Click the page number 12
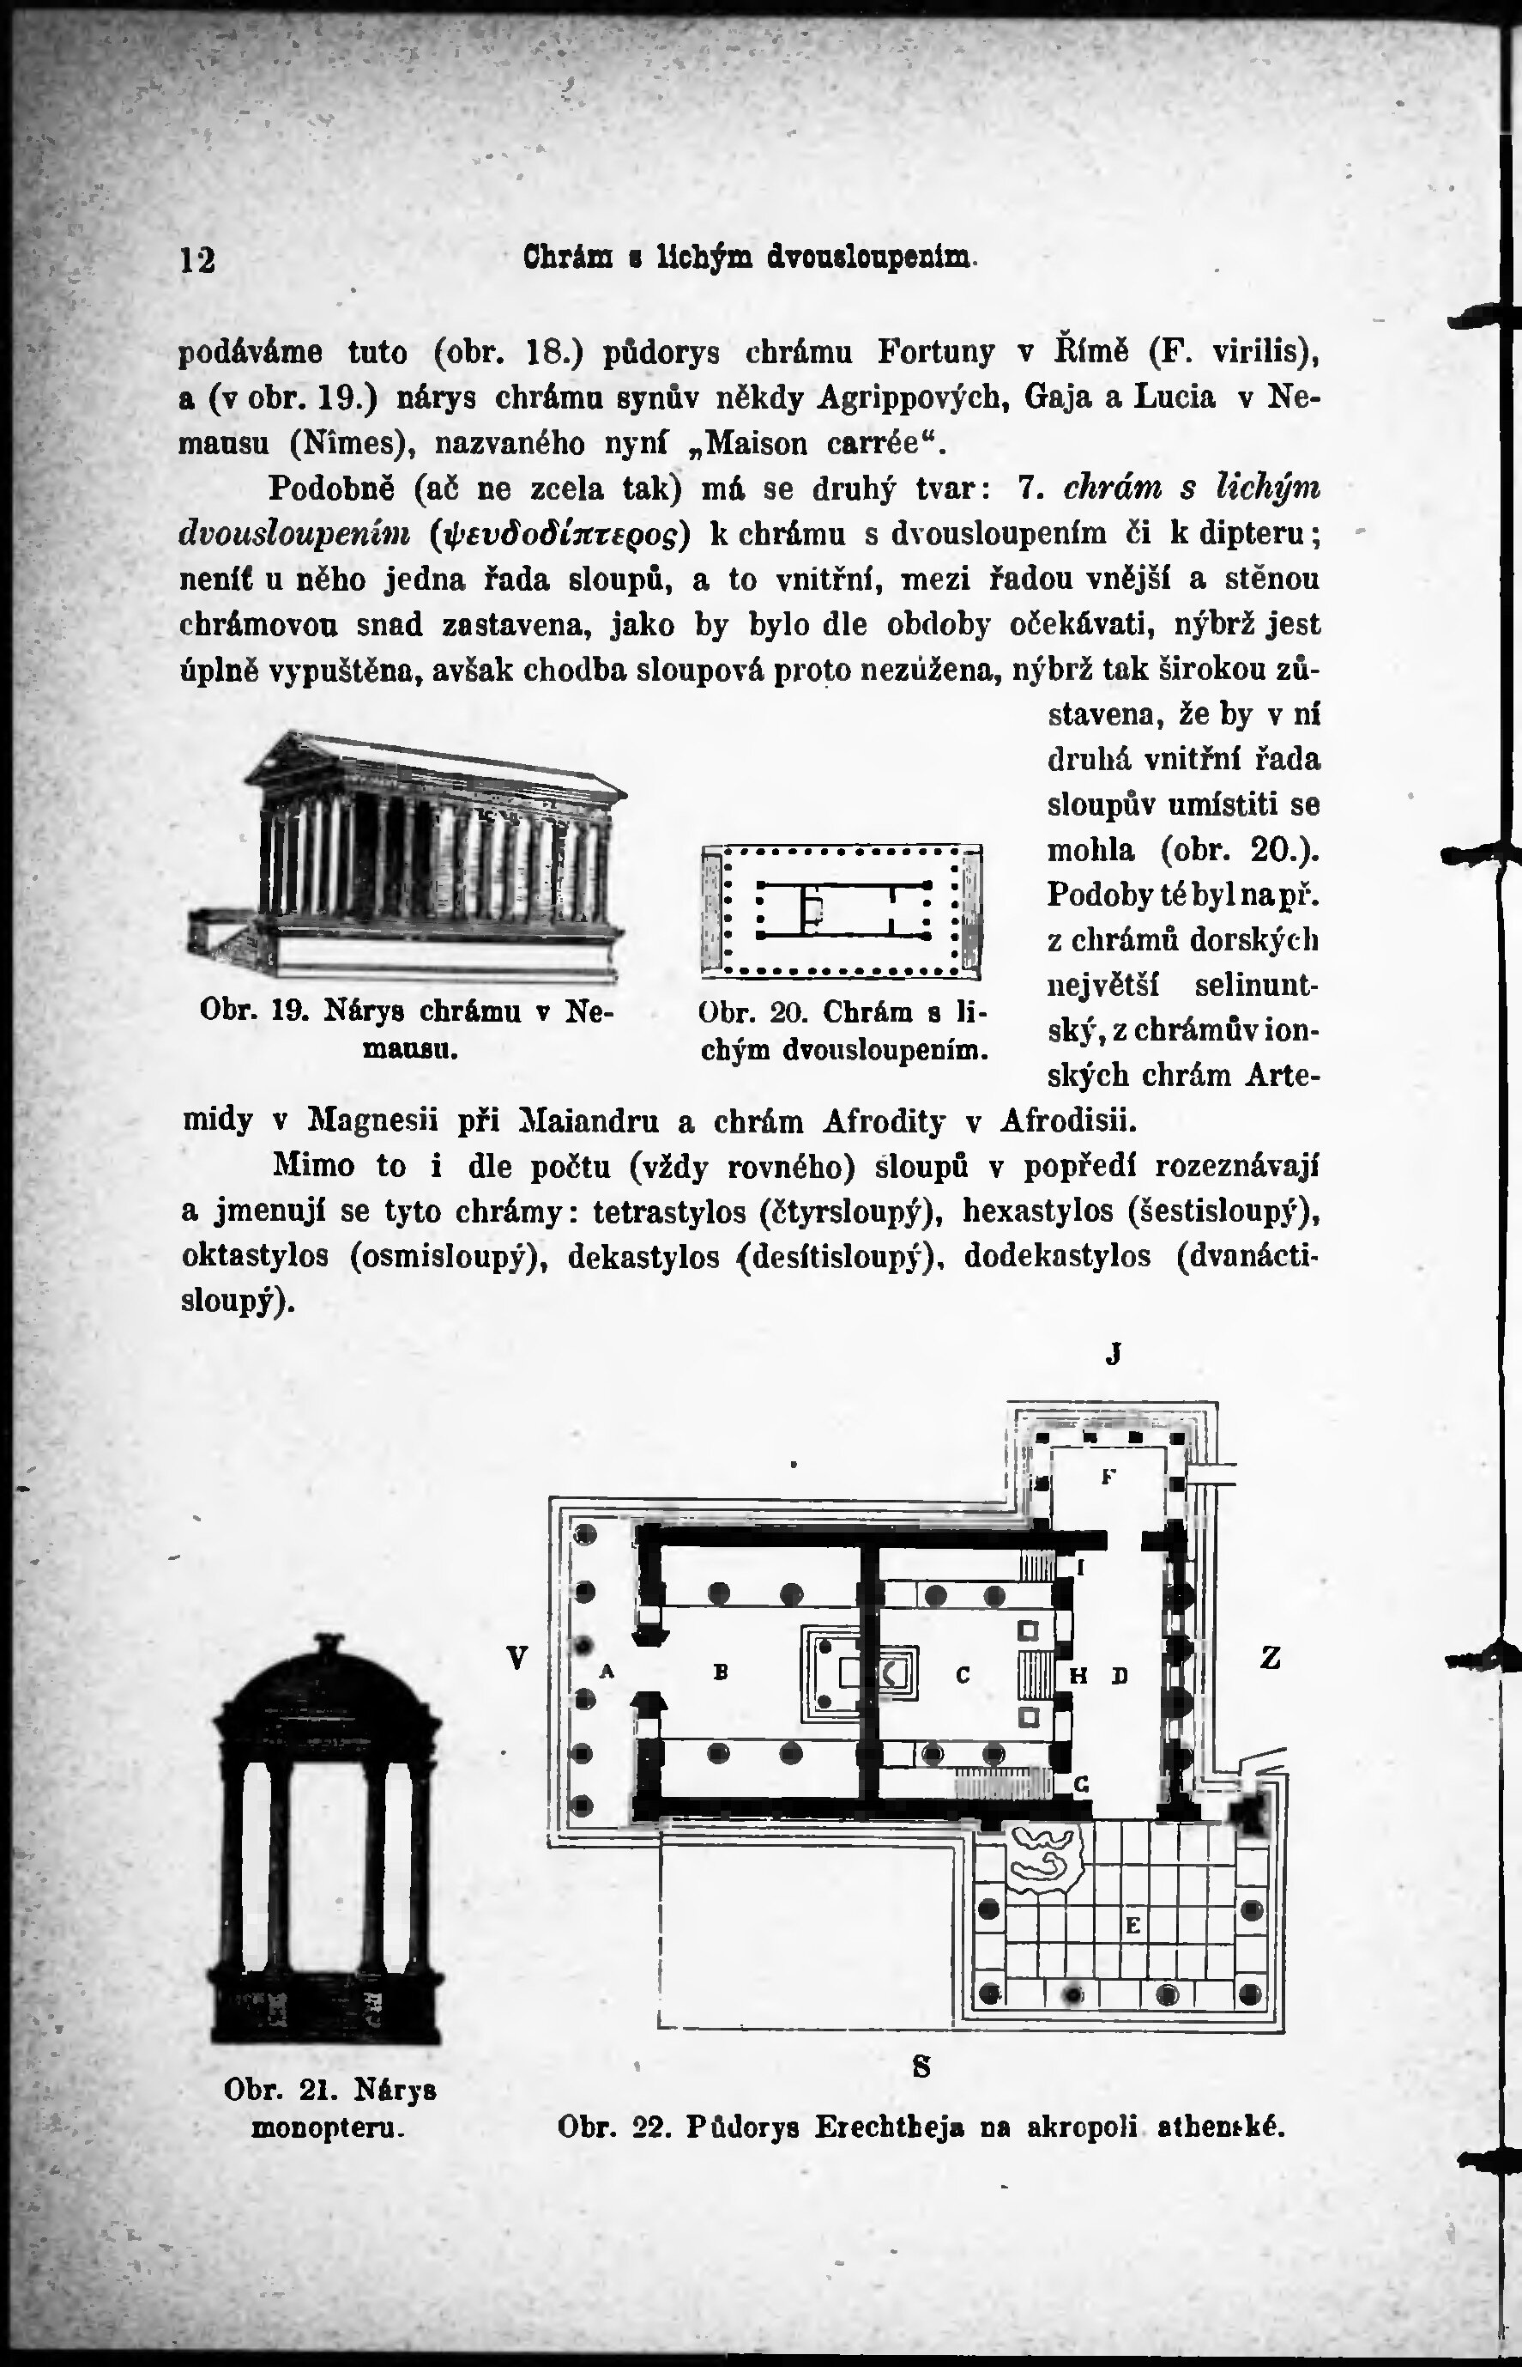[x=197, y=260]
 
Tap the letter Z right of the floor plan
[x=1271, y=1658]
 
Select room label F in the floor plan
[x=1108, y=1478]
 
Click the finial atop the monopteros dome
[x=325, y=1644]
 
